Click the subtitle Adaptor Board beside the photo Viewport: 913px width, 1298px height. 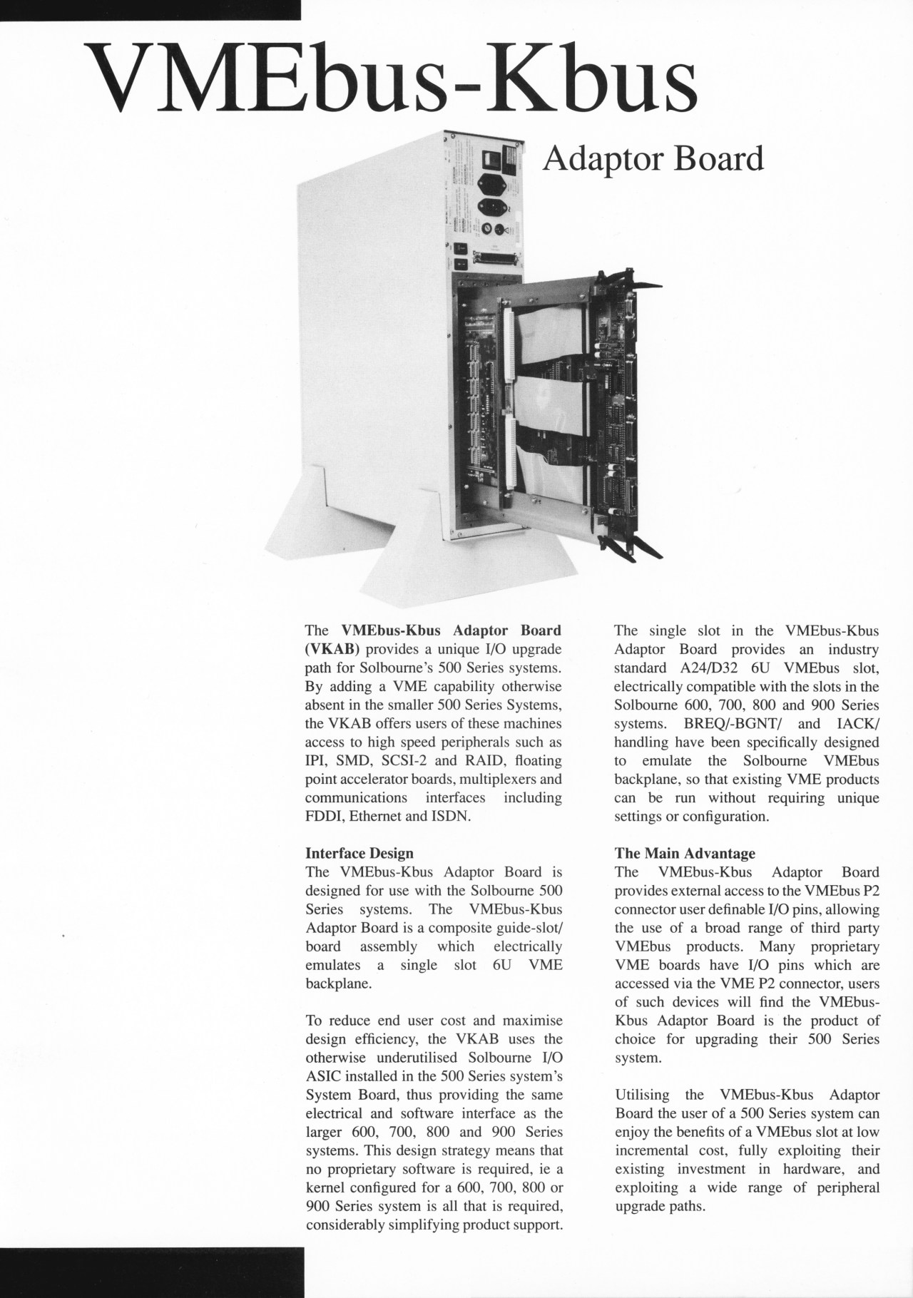653,159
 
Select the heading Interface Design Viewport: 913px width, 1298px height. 359,853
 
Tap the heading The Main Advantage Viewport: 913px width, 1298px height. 685,853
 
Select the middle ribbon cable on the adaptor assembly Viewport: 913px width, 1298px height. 542,399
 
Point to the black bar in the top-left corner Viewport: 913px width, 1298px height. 150,9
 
